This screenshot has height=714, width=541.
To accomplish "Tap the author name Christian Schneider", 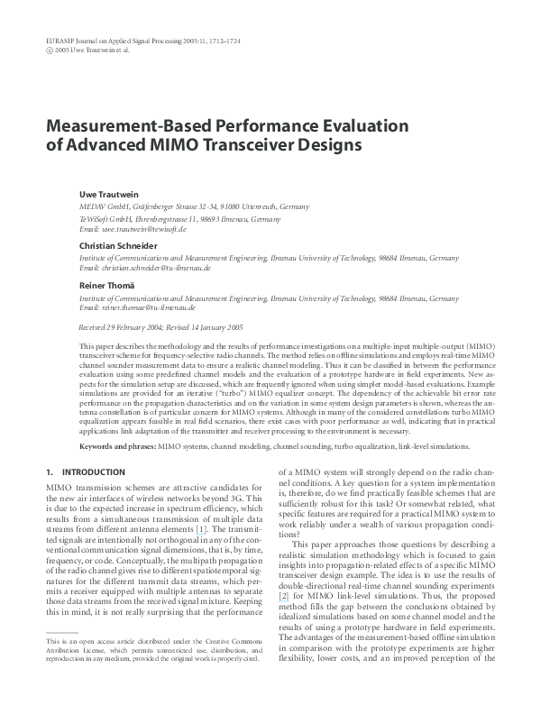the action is [115, 245].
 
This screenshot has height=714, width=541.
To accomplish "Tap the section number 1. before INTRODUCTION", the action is [49, 471].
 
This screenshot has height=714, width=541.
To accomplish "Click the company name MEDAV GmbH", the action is [99, 206].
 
